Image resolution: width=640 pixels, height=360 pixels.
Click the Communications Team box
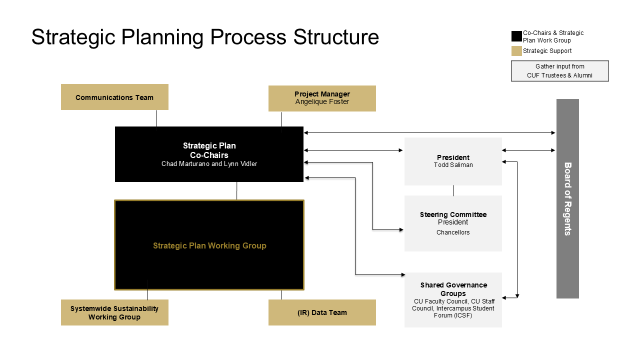coord(114,97)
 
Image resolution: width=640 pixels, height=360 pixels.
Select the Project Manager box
coord(322,98)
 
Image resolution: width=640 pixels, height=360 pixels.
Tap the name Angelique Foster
coord(322,101)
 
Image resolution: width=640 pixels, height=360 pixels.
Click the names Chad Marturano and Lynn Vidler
coord(209,163)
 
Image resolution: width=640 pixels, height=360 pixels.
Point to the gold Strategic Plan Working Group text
coord(209,245)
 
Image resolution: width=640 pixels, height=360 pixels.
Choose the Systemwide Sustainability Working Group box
coord(114,312)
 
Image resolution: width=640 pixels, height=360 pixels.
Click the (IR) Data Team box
coord(322,312)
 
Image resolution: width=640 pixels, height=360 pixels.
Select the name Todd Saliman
coord(453,165)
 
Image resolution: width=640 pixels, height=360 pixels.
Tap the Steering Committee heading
coord(453,214)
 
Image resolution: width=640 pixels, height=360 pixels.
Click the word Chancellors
coord(453,232)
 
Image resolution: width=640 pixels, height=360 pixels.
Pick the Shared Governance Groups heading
coord(453,289)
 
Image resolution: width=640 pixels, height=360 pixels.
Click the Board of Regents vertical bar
coord(567,198)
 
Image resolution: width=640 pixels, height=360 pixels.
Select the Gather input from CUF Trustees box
coord(559,71)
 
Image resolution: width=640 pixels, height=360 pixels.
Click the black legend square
coord(516,36)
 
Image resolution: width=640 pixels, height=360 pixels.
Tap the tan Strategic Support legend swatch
coord(516,51)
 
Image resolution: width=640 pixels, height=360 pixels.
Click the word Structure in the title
coord(336,37)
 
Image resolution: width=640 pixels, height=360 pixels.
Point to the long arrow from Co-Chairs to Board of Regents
coord(429,133)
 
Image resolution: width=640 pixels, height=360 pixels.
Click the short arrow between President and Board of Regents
coord(528,150)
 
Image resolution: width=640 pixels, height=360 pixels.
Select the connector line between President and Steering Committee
coord(453,190)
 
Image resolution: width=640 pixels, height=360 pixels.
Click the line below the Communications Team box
coord(156,118)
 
